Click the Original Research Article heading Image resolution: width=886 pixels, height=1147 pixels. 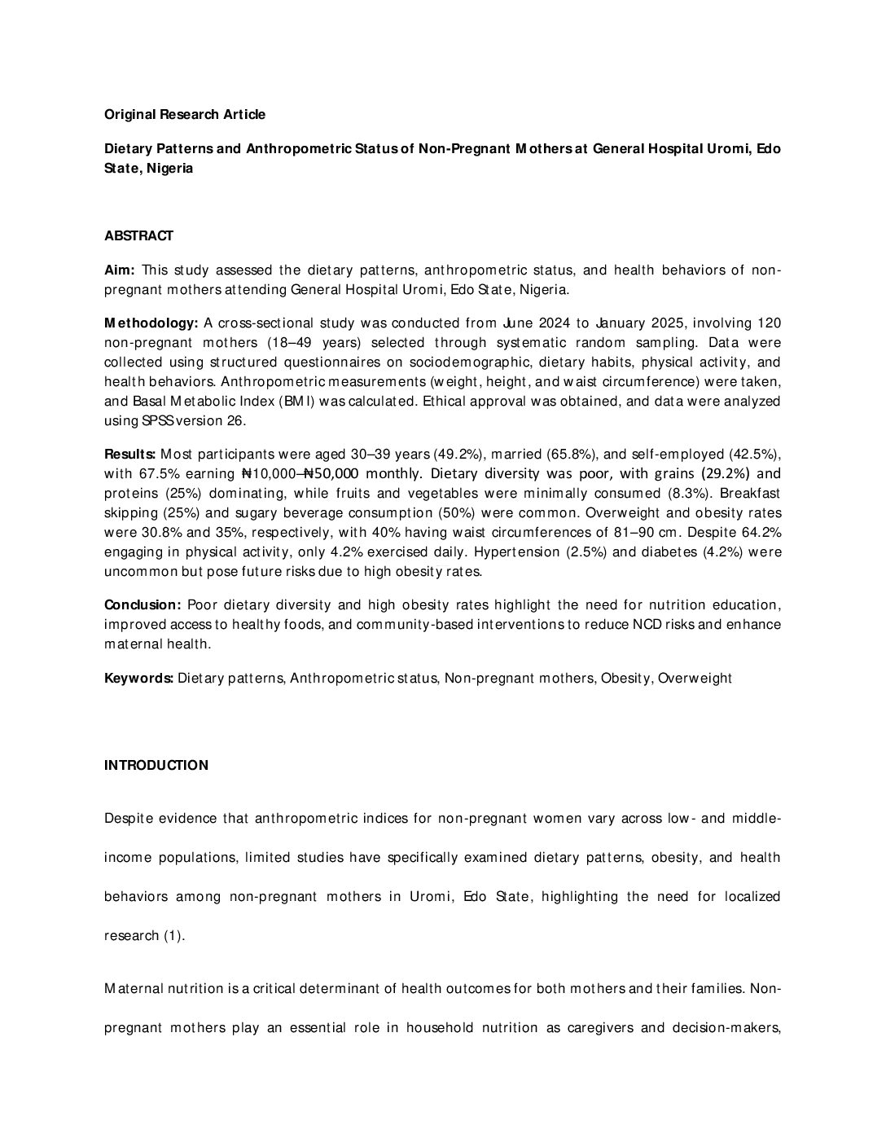pyautogui.click(x=185, y=115)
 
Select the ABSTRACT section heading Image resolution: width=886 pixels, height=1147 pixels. pyautogui.click(x=138, y=236)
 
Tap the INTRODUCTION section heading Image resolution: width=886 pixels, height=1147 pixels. pyautogui.click(x=156, y=766)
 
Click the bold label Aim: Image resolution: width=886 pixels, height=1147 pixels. pyautogui.click(x=120, y=270)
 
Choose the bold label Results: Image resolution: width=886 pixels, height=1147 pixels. pyautogui.click(x=130, y=454)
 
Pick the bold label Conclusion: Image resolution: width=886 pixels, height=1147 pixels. pyautogui.click(x=143, y=605)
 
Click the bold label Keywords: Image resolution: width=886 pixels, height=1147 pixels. pyautogui.click(x=138, y=679)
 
